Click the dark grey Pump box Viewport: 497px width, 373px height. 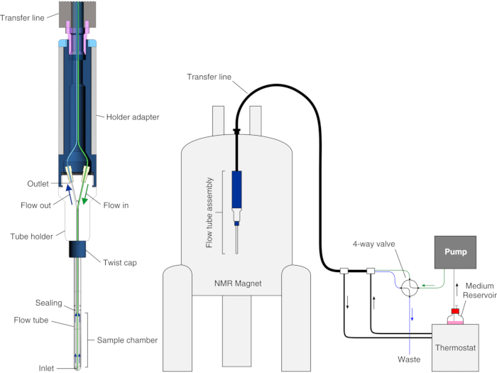[455, 252]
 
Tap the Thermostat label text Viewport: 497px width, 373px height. [455, 348]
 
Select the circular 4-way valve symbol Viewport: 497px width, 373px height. [410, 288]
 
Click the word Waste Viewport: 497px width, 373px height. [409, 360]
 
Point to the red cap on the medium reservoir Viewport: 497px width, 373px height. [455, 311]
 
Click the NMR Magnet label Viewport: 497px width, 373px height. [238, 283]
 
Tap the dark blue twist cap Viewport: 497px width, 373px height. [77, 249]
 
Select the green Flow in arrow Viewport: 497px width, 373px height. [85, 194]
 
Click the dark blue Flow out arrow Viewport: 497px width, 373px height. [70, 194]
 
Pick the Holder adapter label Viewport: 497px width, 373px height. [133, 117]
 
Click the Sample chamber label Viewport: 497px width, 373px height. [127, 340]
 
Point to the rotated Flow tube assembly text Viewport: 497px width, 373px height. [209, 212]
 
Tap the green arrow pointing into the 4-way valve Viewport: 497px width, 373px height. [427, 286]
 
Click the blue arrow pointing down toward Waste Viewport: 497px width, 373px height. [413, 314]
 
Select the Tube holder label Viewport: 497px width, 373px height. [31, 237]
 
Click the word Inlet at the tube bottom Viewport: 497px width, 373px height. [46, 368]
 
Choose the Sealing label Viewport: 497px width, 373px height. [48, 303]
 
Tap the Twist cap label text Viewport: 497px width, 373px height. [120, 263]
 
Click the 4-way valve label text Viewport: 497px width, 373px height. [373, 244]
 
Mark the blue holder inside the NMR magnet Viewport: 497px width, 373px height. [236, 190]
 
